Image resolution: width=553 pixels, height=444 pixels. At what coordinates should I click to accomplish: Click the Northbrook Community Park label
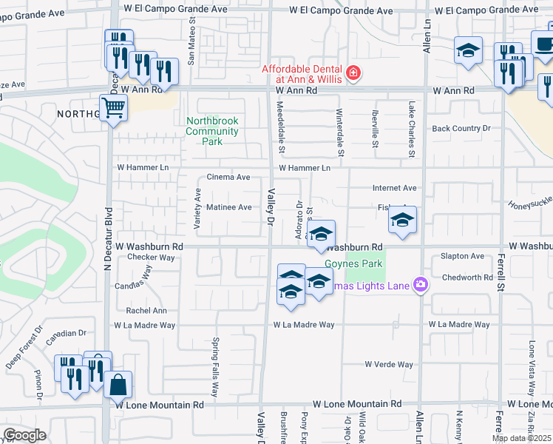[213, 131]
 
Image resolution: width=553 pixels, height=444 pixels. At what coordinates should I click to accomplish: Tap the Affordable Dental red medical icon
[353, 73]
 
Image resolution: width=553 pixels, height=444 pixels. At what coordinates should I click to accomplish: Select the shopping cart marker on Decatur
[114, 108]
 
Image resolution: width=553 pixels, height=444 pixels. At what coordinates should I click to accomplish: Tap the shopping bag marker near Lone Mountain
[118, 385]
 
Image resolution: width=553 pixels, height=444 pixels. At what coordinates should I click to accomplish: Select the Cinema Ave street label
[228, 178]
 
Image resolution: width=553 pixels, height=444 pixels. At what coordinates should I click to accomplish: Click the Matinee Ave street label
[229, 207]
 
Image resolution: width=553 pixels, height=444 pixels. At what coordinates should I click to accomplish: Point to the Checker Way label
[151, 258]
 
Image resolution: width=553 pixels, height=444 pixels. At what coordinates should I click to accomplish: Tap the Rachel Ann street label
[146, 311]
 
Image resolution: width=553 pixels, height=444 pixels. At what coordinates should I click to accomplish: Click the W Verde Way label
[389, 364]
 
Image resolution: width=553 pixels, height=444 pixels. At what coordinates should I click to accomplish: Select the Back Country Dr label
[461, 129]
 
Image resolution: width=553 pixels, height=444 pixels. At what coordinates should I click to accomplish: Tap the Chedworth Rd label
[467, 278]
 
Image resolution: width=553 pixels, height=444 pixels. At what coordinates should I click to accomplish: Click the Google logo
[25, 435]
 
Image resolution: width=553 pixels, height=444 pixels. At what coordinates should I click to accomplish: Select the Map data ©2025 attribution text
[522, 438]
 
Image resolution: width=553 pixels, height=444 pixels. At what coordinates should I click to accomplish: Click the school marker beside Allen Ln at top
[467, 52]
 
